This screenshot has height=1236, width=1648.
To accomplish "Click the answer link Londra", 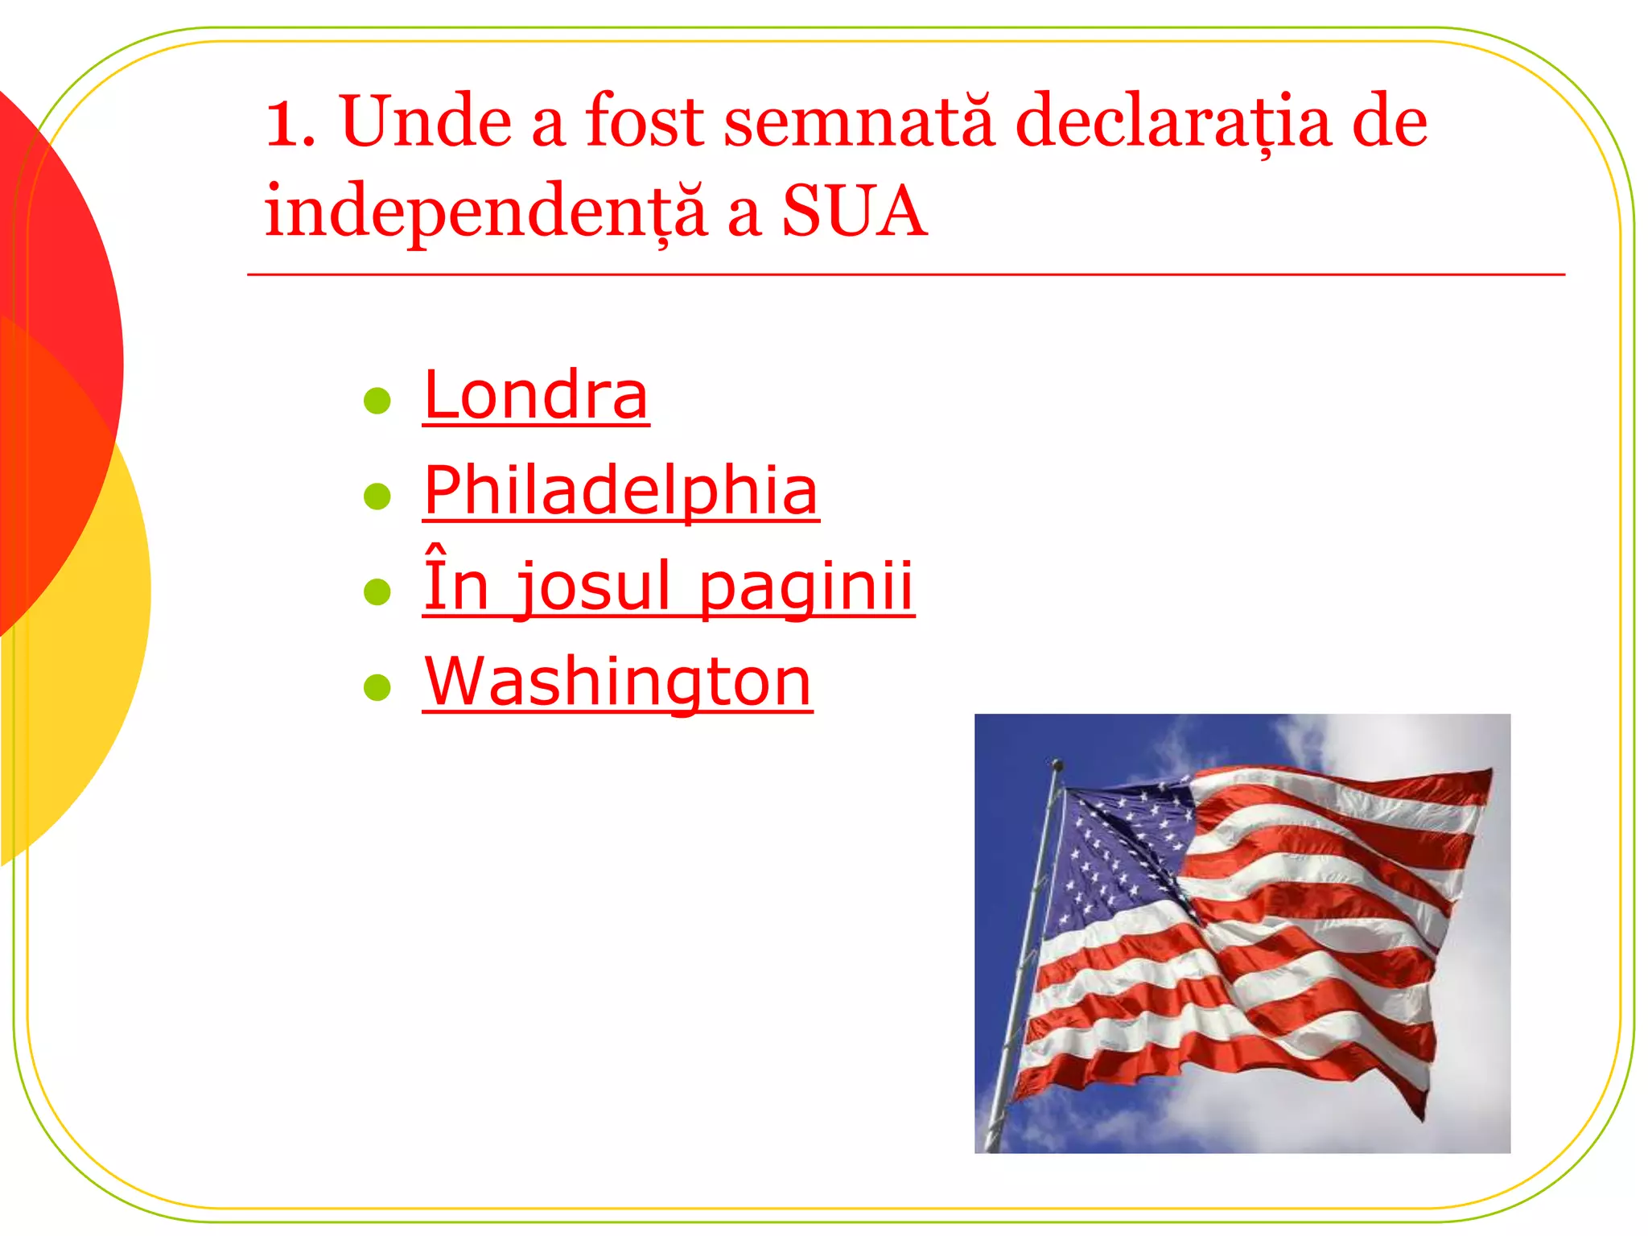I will pos(535,396).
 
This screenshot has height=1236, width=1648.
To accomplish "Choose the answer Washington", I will pos(617,682).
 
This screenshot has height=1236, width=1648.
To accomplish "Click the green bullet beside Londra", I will pos(377,400).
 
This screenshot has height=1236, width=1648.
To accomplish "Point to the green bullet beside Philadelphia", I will pos(377,496).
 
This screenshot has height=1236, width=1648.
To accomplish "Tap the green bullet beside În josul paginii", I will pos(377,591).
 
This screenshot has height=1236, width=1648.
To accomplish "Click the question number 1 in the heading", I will pos(283,125).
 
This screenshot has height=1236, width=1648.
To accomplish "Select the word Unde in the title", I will pos(426,122).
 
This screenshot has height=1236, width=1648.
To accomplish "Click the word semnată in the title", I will pos(858,122).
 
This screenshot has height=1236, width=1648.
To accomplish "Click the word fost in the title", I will pos(645,122).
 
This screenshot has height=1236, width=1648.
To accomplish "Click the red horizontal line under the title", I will pos(905,275).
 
